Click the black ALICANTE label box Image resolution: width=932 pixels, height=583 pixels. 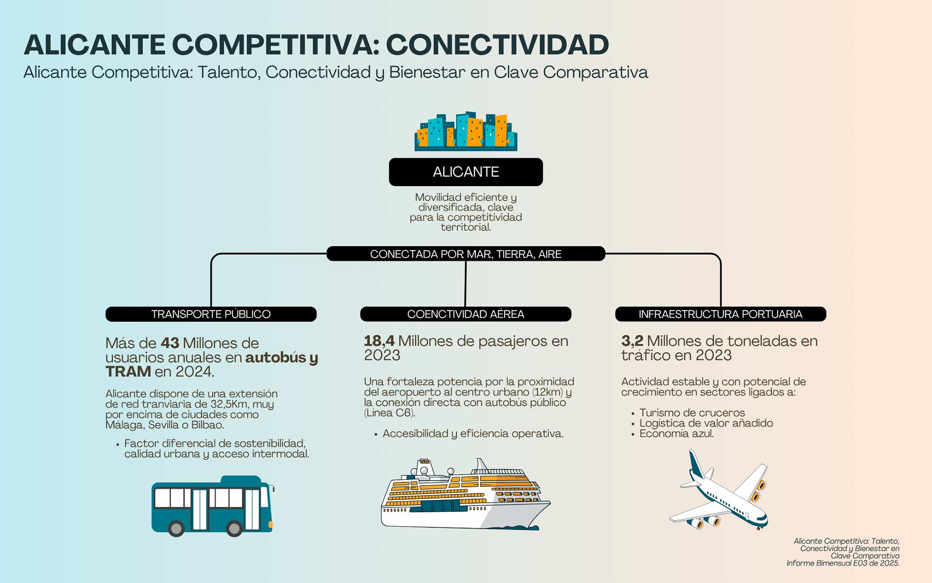click(466, 172)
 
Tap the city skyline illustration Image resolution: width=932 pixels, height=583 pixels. click(466, 132)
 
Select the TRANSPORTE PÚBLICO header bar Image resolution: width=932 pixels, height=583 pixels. click(211, 314)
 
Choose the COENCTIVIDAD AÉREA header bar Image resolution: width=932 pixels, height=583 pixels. click(466, 314)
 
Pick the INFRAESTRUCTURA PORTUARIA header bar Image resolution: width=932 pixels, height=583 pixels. click(720, 314)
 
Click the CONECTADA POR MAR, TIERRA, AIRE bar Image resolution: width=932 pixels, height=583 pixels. click(466, 254)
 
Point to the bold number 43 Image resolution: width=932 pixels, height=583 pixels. click(170, 343)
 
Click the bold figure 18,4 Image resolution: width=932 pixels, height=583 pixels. click(379, 341)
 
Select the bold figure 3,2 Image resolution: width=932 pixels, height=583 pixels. click(632, 341)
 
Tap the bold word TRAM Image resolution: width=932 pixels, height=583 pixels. click(128, 372)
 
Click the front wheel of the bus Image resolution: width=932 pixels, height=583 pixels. click(234, 528)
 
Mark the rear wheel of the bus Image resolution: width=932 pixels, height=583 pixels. click(176, 528)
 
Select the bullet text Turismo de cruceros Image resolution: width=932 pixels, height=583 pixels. click(692, 413)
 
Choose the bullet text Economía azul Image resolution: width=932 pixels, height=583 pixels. click(676, 434)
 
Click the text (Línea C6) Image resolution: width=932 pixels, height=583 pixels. click(389, 413)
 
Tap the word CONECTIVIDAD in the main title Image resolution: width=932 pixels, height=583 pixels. click(497, 45)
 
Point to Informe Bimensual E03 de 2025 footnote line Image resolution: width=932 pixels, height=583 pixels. click(843, 563)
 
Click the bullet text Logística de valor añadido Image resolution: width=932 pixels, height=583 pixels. click(706, 423)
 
